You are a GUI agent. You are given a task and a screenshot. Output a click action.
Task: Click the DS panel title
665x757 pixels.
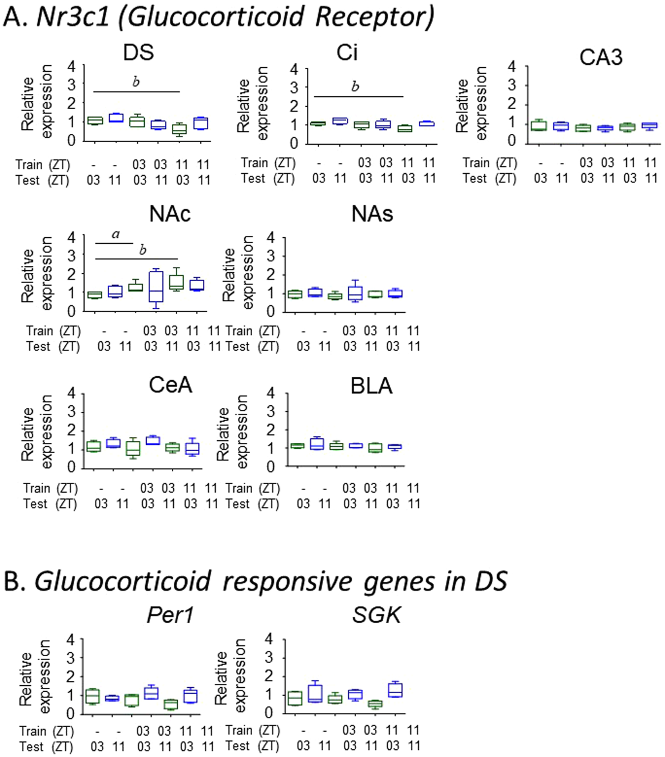click(138, 53)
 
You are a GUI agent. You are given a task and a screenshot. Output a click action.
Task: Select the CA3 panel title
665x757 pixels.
click(601, 57)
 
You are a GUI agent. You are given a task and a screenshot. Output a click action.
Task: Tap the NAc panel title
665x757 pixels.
click(170, 214)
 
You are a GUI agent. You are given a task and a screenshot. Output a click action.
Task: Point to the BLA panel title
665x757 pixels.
click(371, 386)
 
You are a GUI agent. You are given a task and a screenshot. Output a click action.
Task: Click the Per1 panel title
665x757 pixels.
click(170, 615)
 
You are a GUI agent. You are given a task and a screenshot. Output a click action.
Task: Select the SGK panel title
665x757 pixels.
click(376, 615)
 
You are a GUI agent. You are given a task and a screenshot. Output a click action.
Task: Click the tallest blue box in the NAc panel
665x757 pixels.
click(156, 286)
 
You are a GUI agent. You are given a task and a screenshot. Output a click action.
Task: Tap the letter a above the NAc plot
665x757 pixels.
click(116, 234)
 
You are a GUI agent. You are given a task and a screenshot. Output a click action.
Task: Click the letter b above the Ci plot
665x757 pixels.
click(355, 87)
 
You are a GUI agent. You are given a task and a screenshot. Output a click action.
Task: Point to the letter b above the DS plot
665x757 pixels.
click(136, 82)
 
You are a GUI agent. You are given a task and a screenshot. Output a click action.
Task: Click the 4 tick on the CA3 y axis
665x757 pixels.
click(512, 66)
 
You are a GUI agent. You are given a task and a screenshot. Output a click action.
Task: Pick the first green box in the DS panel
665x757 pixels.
click(95, 120)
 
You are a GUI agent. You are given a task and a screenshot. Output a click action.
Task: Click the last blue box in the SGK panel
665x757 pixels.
click(395, 690)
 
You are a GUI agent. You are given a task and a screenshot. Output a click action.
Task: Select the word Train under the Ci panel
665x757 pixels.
click(254, 163)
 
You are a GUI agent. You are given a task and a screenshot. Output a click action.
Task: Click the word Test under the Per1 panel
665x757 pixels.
click(31, 747)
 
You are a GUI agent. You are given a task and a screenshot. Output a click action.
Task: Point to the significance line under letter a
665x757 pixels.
click(114, 243)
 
